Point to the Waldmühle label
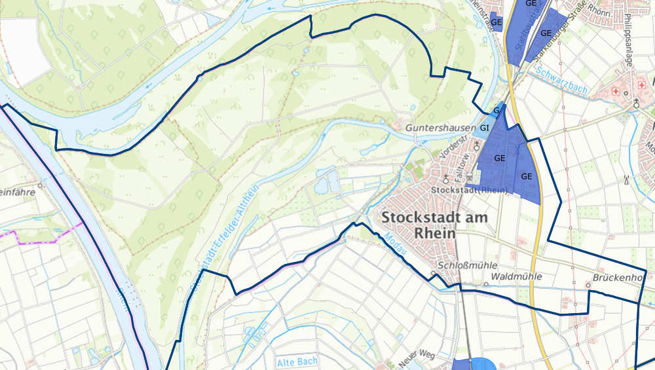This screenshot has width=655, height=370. tap(517, 276)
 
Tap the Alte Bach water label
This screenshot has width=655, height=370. tap(297, 361)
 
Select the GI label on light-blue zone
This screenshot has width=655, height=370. tap(485, 128)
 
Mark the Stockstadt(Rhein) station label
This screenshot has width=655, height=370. tap(470, 190)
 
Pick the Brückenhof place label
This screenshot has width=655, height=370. tap(619, 277)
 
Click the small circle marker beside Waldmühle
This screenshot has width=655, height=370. tap(486, 285)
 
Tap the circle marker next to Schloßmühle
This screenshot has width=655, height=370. tap(433, 273)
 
